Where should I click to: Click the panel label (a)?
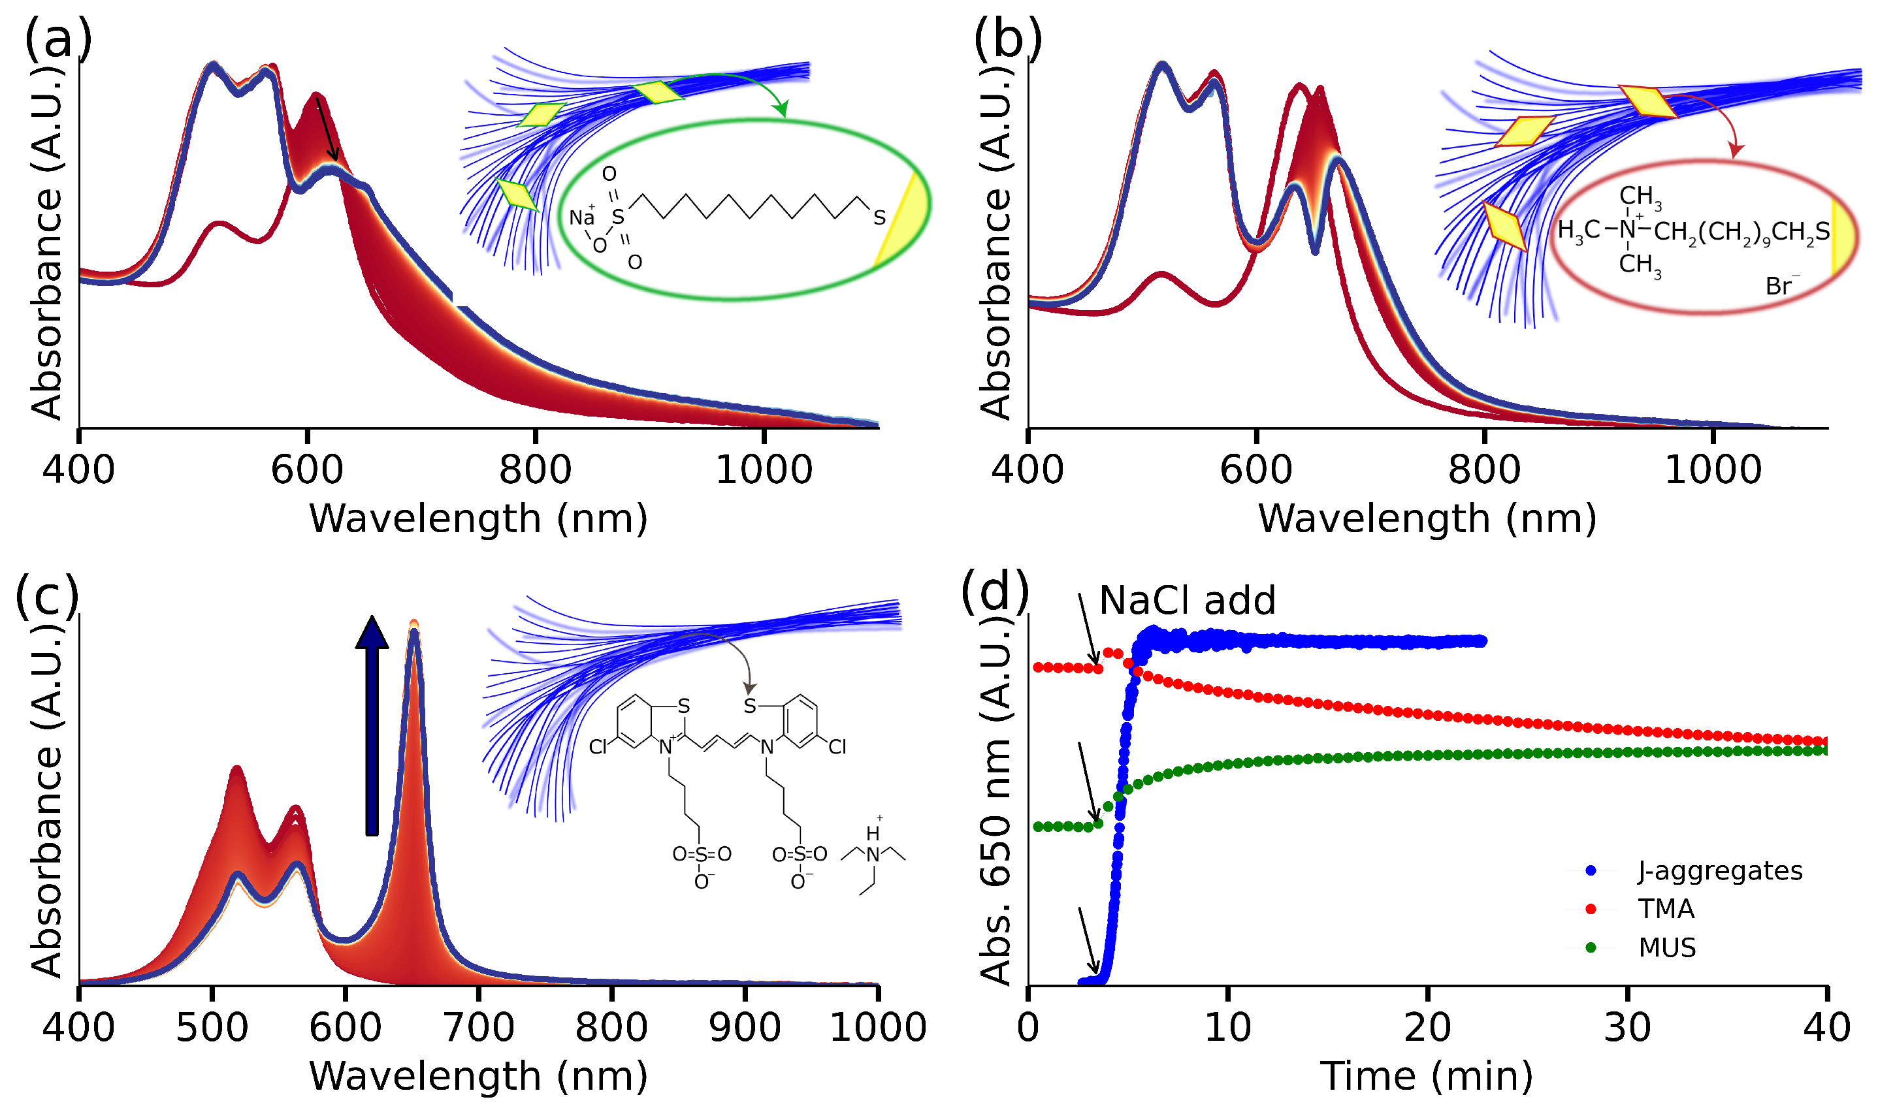pos(58,39)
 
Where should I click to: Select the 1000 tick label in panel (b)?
pos(1713,469)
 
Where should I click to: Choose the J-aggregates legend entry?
pos(1719,870)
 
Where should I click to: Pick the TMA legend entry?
pos(1666,909)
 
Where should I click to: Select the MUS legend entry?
pos(1667,947)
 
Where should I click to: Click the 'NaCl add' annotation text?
pos(1188,601)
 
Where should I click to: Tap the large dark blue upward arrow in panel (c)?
pos(372,725)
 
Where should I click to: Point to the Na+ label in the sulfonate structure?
pos(582,217)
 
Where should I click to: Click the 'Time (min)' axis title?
pos(1426,1076)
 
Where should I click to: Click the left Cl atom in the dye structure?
pos(598,746)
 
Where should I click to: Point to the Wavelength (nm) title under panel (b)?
pos(1427,518)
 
